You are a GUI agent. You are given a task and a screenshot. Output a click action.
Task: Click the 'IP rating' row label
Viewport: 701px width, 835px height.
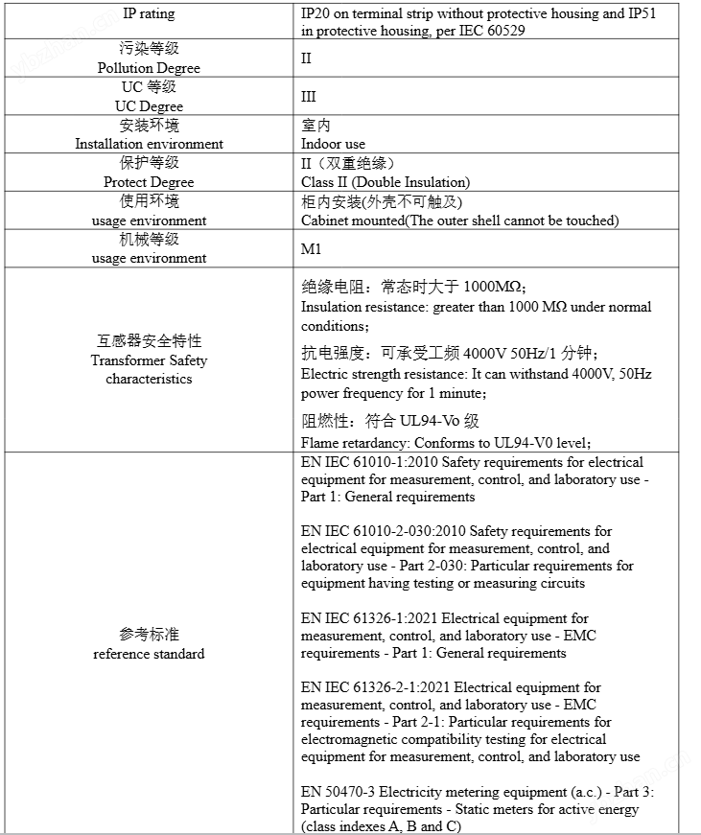149,13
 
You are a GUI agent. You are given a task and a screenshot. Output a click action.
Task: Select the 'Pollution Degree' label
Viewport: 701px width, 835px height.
149,68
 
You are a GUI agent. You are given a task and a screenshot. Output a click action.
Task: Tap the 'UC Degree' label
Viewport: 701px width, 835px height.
149,106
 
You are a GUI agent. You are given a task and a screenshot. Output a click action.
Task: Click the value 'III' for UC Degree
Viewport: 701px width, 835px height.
308,97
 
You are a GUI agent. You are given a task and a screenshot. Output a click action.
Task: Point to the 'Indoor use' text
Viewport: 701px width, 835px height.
333,144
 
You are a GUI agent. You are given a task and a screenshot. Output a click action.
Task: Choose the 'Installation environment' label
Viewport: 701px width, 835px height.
149,144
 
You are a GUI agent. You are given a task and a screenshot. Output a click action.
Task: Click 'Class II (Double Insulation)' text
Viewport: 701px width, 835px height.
386,182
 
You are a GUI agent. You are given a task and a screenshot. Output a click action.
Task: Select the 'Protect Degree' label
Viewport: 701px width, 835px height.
149,182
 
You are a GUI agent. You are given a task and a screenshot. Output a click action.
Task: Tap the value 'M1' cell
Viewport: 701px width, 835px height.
312,248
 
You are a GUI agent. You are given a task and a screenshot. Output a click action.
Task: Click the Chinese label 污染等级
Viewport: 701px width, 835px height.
149,49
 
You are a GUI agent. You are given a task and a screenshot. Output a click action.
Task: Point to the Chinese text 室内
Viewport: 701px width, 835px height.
315,126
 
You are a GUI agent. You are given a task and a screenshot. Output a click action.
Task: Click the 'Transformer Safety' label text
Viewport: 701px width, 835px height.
149,360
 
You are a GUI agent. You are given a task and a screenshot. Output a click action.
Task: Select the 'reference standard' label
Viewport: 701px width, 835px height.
149,654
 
